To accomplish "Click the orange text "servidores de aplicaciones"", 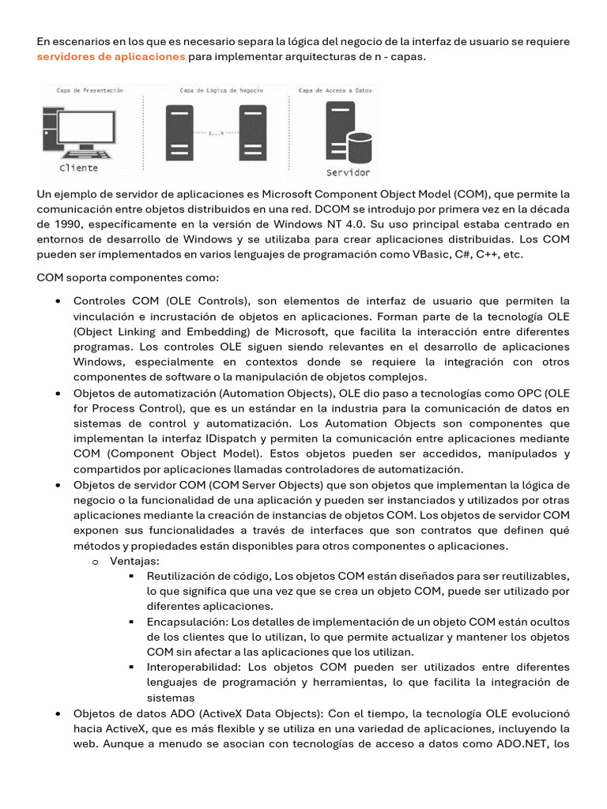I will coord(111,57).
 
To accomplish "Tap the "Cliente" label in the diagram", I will coord(79,167).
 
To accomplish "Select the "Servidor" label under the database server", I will coord(348,172).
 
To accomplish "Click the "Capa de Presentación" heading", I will coord(89,91).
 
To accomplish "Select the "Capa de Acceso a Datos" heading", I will coord(335,91).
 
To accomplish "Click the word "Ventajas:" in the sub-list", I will coord(134,561).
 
